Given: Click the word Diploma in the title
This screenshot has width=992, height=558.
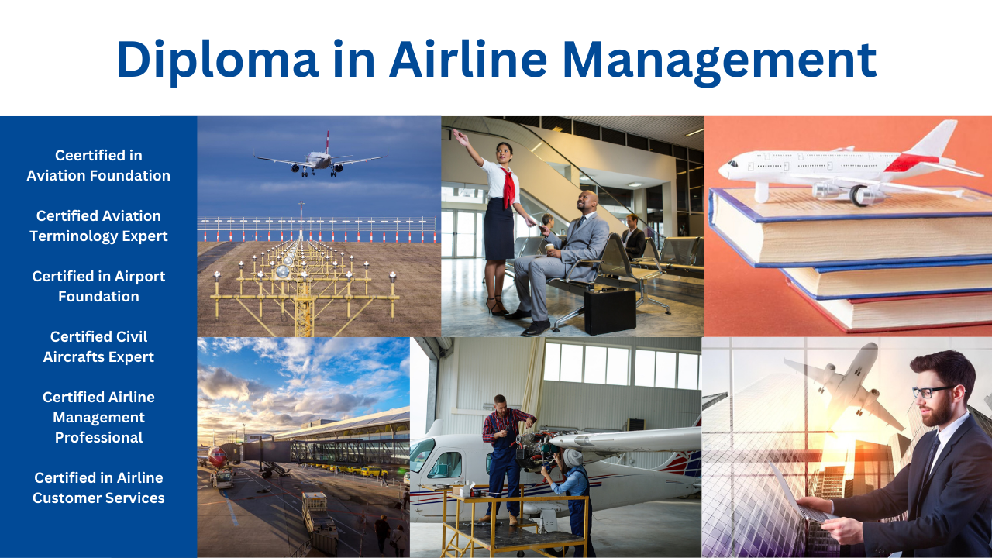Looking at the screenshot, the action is (x=218, y=60).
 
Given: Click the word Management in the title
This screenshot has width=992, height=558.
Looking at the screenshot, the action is (x=720, y=60).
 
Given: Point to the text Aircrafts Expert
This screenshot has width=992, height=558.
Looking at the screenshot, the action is (x=98, y=357).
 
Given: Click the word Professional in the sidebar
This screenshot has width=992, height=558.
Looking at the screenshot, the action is (x=98, y=438).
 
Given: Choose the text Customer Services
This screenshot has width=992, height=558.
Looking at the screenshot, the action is (x=98, y=498).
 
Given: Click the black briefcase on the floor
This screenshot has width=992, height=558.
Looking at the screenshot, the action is (x=610, y=311).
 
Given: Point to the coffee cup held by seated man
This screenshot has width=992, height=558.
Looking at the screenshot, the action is (x=549, y=249).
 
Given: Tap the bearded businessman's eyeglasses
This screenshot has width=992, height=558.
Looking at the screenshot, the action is (x=931, y=391).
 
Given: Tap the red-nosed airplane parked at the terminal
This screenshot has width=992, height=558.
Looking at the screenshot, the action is (x=216, y=456).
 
